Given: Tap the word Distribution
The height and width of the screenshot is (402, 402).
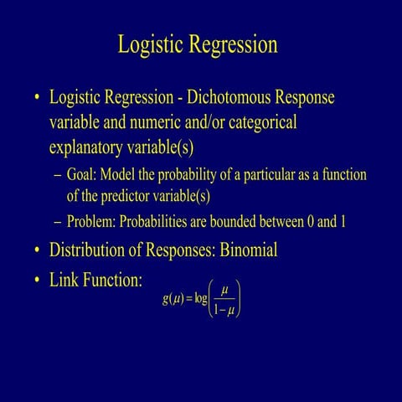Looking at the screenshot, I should (x=90, y=250).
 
